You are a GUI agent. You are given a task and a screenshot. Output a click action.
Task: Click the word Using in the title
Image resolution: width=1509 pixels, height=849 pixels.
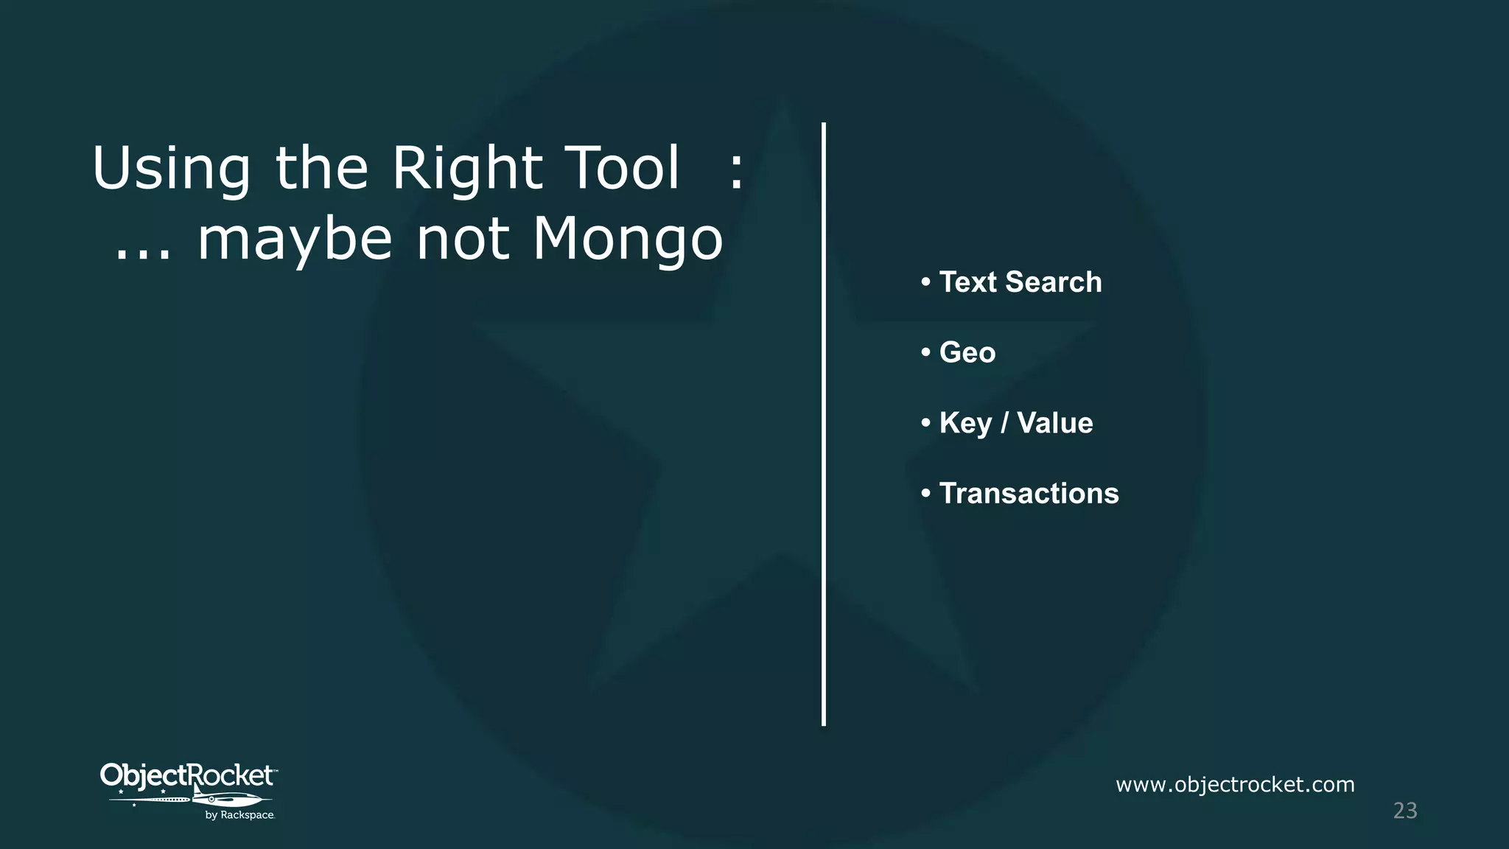pyautogui.click(x=171, y=170)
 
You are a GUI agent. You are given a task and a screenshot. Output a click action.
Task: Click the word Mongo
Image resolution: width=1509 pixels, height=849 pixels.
pyautogui.click(x=628, y=240)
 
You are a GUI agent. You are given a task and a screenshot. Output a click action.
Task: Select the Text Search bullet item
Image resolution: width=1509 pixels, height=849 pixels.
pyautogui.click(x=1020, y=282)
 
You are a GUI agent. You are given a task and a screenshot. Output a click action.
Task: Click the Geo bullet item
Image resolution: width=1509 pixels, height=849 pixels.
pyautogui.click(x=967, y=352)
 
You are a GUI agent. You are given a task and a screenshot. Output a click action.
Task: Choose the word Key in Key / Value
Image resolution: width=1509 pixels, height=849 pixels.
pyautogui.click(x=965, y=423)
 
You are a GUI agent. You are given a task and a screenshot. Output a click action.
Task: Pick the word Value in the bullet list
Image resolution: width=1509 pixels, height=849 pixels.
pyautogui.click(x=1054, y=423)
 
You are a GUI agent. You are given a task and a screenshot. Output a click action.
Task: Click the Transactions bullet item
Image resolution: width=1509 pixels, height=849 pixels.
pyautogui.click(x=1029, y=493)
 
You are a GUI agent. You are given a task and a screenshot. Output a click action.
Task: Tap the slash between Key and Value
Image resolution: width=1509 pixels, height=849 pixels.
pyautogui.click(x=1004, y=423)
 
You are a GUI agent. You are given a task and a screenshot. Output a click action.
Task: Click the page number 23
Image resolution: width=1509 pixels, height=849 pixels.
pyautogui.click(x=1404, y=811)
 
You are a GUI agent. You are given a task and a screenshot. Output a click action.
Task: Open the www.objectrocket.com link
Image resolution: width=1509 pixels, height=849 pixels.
pyautogui.click(x=1235, y=784)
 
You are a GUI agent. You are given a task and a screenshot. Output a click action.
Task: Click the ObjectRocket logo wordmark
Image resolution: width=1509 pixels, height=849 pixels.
pyautogui.click(x=187, y=775)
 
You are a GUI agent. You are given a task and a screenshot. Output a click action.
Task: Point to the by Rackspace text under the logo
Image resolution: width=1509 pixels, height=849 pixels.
pyautogui.click(x=239, y=815)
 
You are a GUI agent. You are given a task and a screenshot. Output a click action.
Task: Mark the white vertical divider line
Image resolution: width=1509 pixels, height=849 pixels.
pyautogui.click(x=824, y=424)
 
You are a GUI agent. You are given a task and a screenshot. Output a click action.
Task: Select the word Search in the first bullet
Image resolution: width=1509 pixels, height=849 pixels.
pyautogui.click(x=1053, y=282)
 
